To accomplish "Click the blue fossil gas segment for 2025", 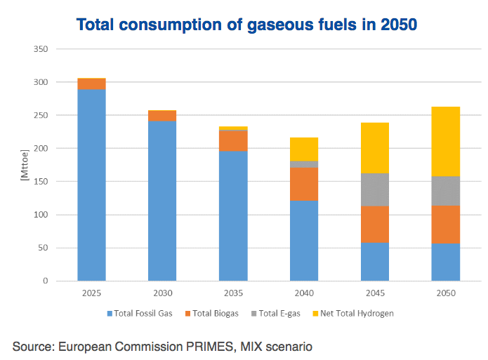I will click(91, 185).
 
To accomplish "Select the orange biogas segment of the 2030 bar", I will click(162, 116).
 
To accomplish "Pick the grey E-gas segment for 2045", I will click(374, 189).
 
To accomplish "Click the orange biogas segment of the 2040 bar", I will click(304, 184).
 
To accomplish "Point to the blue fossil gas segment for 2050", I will click(445, 262).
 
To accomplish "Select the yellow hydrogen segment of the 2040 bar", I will click(304, 149).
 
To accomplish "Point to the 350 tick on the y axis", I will click(41, 49).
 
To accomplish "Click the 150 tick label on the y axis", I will click(41, 182).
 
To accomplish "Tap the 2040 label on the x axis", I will click(304, 292).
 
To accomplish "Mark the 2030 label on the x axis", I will click(162, 292).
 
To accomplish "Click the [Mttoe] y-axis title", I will click(24, 166).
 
